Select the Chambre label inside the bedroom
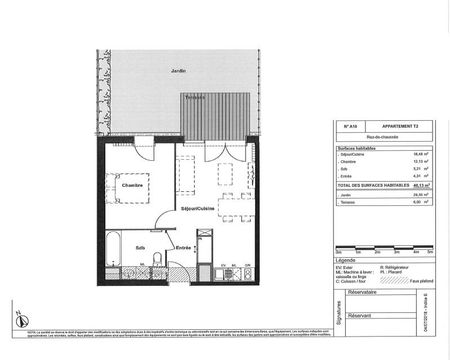tap(133, 186)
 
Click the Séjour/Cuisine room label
tap(196, 207)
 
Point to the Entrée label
tap(184, 246)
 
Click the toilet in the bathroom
tap(158, 260)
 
